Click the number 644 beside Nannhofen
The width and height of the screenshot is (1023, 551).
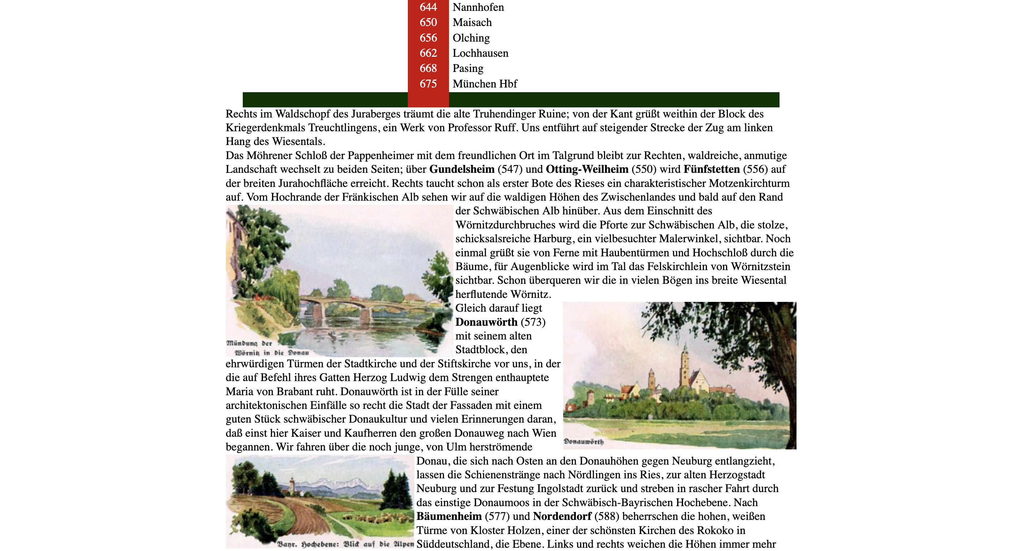(x=428, y=7)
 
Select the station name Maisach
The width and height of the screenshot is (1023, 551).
(x=472, y=22)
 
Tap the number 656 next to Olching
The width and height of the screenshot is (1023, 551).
(x=428, y=38)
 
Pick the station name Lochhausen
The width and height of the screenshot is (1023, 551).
(x=480, y=53)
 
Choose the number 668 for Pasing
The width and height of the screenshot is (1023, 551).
(x=428, y=68)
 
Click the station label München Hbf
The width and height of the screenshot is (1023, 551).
(x=484, y=84)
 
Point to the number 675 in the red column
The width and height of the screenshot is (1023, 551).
(x=428, y=84)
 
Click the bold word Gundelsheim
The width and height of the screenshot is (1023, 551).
(x=461, y=169)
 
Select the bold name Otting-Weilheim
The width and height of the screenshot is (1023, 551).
(x=587, y=169)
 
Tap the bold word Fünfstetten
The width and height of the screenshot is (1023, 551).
(x=711, y=169)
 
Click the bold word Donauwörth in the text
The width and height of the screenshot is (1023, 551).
(x=486, y=322)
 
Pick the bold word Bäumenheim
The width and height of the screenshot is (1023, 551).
(x=449, y=516)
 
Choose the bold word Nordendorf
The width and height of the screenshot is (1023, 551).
(x=562, y=516)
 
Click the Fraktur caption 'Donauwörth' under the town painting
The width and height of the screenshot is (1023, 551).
(x=583, y=442)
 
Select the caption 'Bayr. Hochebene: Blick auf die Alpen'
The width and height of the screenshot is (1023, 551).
(x=345, y=544)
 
